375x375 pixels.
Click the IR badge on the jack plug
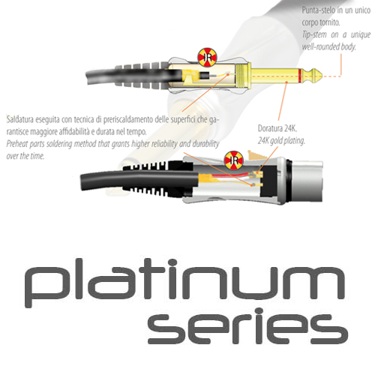(208, 58)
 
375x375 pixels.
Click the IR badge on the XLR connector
(234, 160)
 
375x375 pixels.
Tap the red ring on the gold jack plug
(300, 76)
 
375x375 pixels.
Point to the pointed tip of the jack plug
(323, 76)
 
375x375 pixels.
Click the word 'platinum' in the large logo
(184, 283)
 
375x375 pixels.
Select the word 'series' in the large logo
(247, 327)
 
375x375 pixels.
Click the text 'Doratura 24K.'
(277, 128)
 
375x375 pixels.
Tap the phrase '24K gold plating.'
(281, 141)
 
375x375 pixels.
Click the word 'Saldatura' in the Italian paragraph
(21, 120)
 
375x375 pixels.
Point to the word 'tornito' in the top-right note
(330, 22)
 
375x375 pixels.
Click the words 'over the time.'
(25, 156)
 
